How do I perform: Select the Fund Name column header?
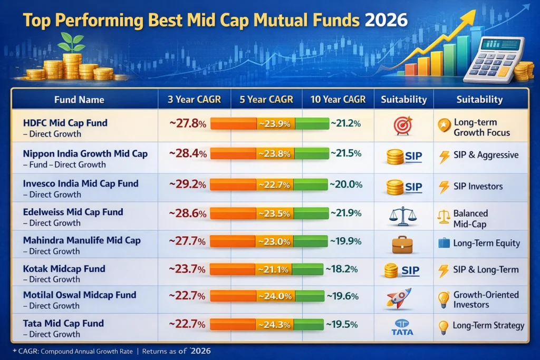(x=79, y=99)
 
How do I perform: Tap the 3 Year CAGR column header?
(x=194, y=99)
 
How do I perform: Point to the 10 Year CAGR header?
(x=337, y=99)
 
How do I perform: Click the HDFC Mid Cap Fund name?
(x=65, y=123)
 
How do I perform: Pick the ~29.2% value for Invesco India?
(x=187, y=185)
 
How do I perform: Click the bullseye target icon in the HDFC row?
(x=403, y=125)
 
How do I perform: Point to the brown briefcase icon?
(x=402, y=244)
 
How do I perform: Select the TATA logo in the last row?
(x=403, y=327)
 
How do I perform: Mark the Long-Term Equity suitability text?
(x=486, y=243)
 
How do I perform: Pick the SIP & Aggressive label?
(x=485, y=155)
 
